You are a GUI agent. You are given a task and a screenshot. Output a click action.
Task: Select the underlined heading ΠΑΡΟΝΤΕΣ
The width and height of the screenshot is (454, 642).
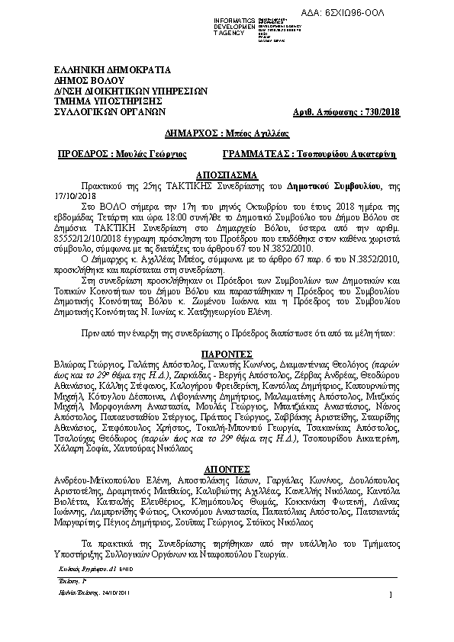pos(227,355)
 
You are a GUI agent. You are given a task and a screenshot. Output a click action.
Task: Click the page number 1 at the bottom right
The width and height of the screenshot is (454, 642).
pos(389,595)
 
